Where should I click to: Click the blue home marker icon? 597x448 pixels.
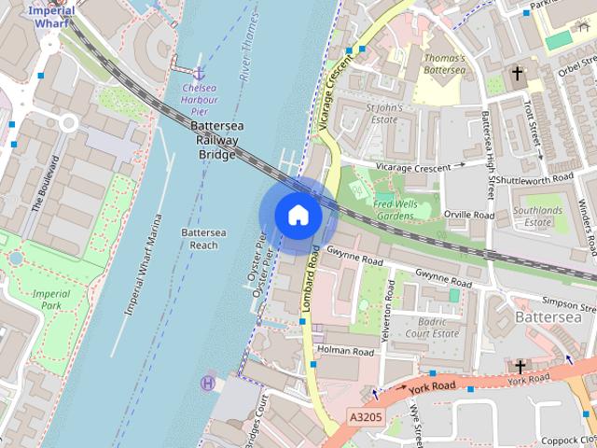tap(298, 216)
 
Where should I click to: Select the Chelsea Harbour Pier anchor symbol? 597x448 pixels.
tap(199, 73)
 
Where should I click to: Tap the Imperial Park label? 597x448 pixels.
tap(50, 299)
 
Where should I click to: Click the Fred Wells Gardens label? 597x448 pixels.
tap(393, 209)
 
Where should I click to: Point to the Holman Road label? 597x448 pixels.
tap(345, 352)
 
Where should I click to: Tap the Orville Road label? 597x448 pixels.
tap(469, 215)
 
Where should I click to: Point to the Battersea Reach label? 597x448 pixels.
tap(199, 238)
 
